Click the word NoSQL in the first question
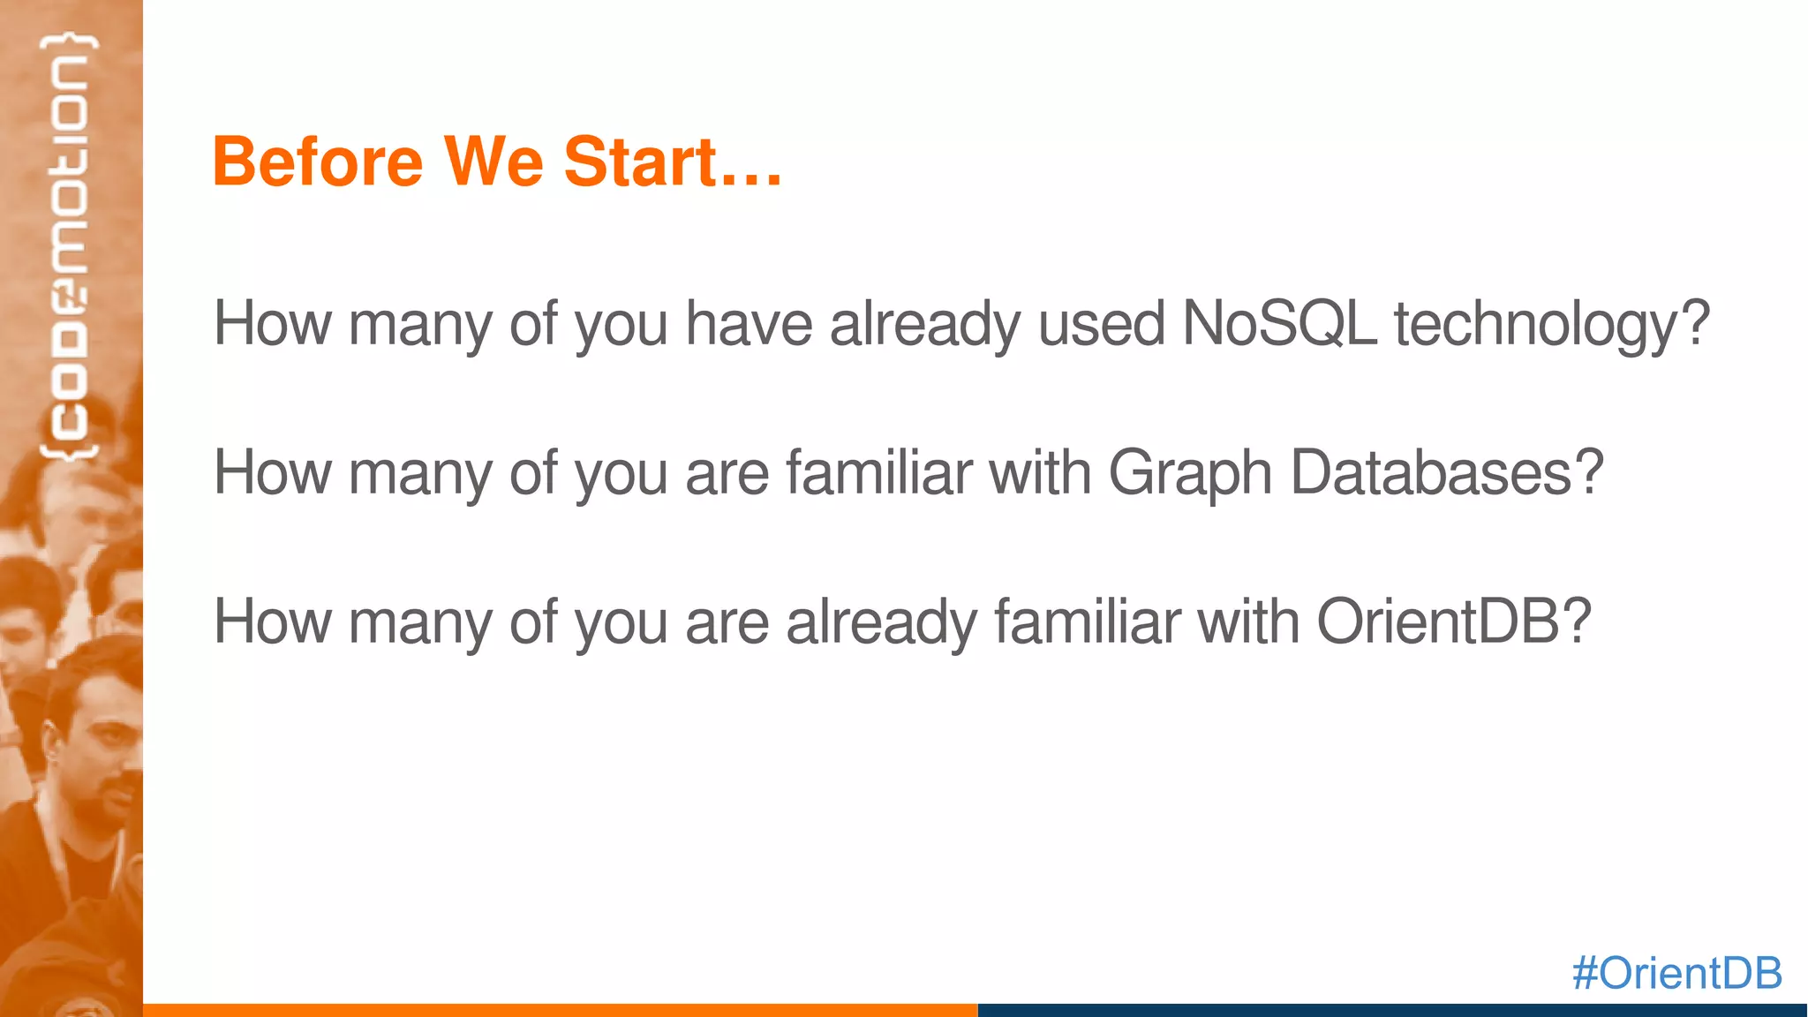[1278, 323]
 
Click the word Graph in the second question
[1189, 473]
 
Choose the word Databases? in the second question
[1446, 472]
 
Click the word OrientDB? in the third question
[1453, 621]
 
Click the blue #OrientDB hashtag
[1676, 973]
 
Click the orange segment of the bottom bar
[560, 1010]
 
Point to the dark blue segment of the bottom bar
[1391, 1010]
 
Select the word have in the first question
[749, 323]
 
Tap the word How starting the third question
[272, 621]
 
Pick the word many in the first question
[420, 325]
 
